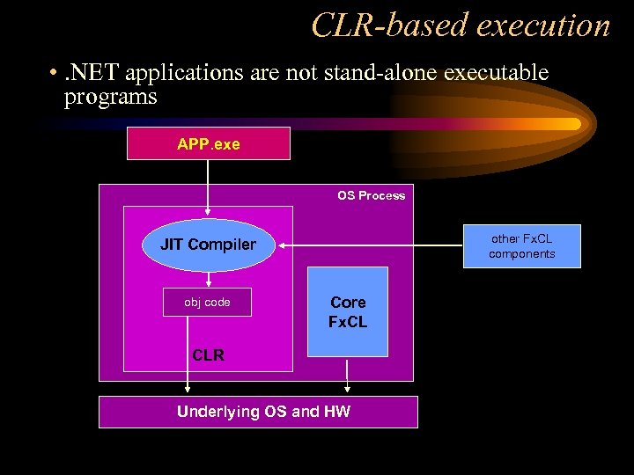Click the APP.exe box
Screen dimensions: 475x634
(x=209, y=143)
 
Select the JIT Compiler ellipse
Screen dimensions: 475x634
(x=208, y=245)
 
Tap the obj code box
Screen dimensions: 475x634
(x=207, y=302)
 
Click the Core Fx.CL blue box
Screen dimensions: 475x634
(x=348, y=312)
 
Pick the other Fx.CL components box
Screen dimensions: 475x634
(x=522, y=246)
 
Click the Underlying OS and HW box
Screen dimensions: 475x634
(x=258, y=412)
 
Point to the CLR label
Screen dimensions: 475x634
(x=208, y=355)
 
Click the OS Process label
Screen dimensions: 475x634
(x=371, y=195)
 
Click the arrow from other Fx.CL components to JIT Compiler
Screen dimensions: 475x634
(x=370, y=245)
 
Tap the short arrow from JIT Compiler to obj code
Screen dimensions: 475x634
(x=208, y=279)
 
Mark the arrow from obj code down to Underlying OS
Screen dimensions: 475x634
(x=187, y=352)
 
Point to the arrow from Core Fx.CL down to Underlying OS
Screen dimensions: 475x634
(x=348, y=376)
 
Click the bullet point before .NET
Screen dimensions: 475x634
(x=55, y=73)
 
